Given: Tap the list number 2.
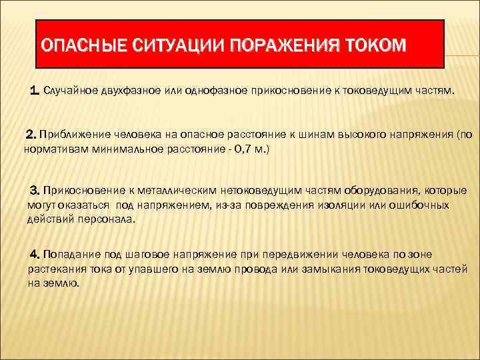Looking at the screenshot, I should pos(29,135).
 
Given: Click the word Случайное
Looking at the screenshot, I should pos(72,91).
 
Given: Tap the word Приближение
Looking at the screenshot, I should pos(74,135).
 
